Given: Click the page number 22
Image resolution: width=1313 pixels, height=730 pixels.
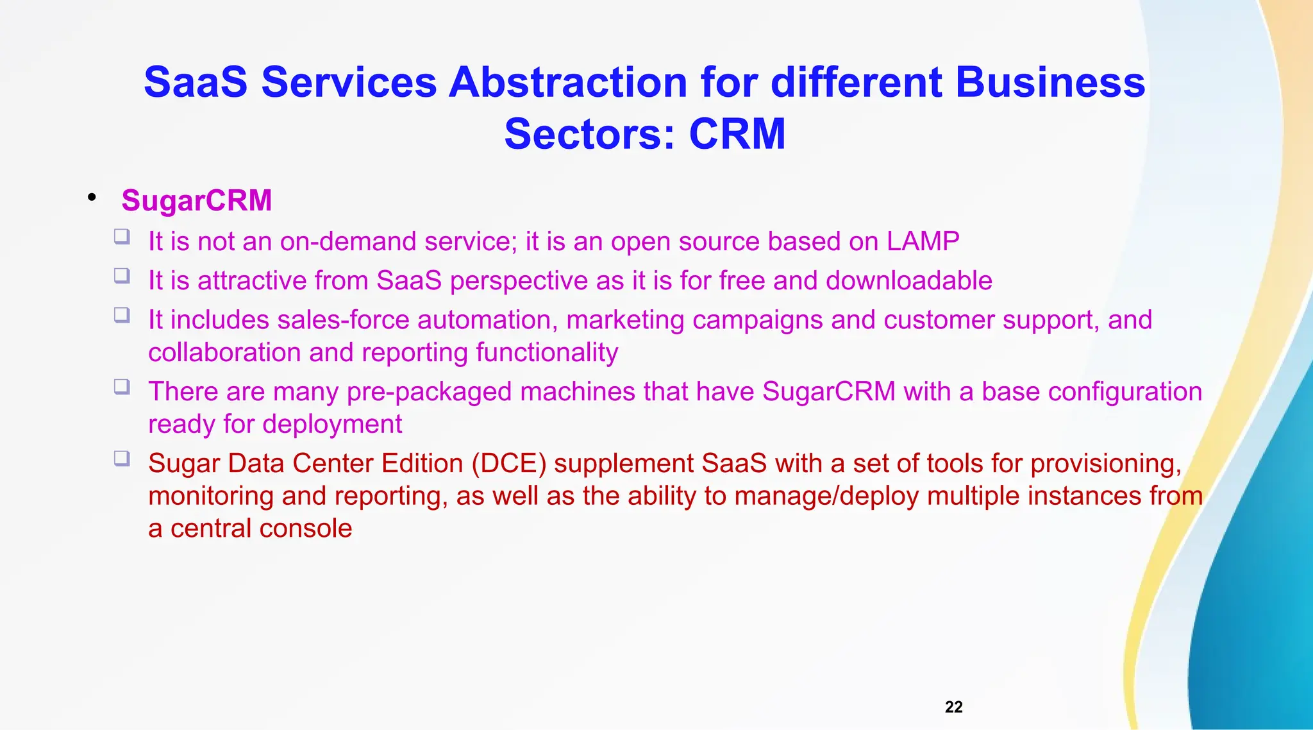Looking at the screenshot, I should pyautogui.click(x=953, y=707).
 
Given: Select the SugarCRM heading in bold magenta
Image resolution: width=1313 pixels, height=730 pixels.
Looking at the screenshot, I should pyautogui.click(x=197, y=200).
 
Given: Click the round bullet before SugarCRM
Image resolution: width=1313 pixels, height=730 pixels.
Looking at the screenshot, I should pyautogui.click(x=92, y=197).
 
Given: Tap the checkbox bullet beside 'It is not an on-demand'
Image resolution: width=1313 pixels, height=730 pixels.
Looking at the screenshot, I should pyautogui.click(x=122, y=237).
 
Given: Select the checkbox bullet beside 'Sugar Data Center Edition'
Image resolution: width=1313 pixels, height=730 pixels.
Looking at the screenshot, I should pyautogui.click(x=122, y=458).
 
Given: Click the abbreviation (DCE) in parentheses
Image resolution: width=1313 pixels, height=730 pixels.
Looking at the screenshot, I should pyautogui.click(x=508, y=463).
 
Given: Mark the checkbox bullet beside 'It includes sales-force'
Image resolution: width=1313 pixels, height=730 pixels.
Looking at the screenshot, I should pyautogui.click(x=122, y=315).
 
